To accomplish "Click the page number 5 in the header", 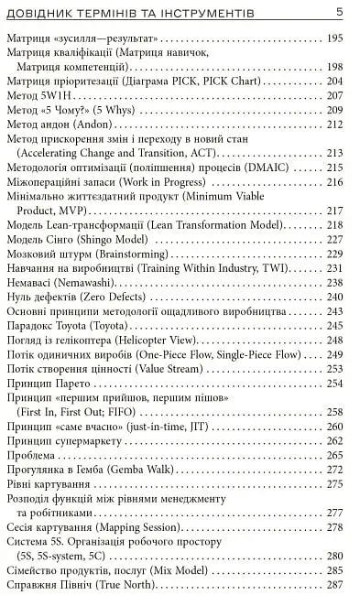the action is click(x=340, y=12).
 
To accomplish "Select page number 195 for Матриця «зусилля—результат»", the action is click(x=334, y=38).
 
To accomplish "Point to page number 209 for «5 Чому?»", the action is click(x=334, y=109).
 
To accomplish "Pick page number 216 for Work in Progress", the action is click(x=334, y=181).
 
